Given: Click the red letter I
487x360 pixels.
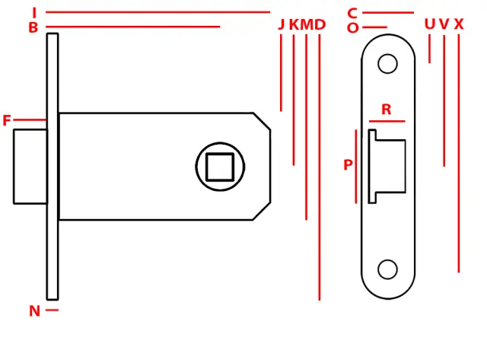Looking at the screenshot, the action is point(34,13).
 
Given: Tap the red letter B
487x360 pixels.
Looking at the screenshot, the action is point(33,27).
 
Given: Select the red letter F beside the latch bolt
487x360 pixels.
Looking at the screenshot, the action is point(7,120).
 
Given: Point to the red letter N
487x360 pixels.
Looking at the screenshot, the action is point(34,311).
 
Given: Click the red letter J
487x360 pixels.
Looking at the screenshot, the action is point(281,24).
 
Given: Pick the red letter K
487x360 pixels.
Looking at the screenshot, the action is point(294,24).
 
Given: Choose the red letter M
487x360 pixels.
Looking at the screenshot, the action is point(307,24).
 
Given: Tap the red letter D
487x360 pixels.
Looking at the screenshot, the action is point(320,24).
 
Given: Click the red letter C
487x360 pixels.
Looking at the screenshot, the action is point(352,14).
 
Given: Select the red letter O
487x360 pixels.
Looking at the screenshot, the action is point(353,28).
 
